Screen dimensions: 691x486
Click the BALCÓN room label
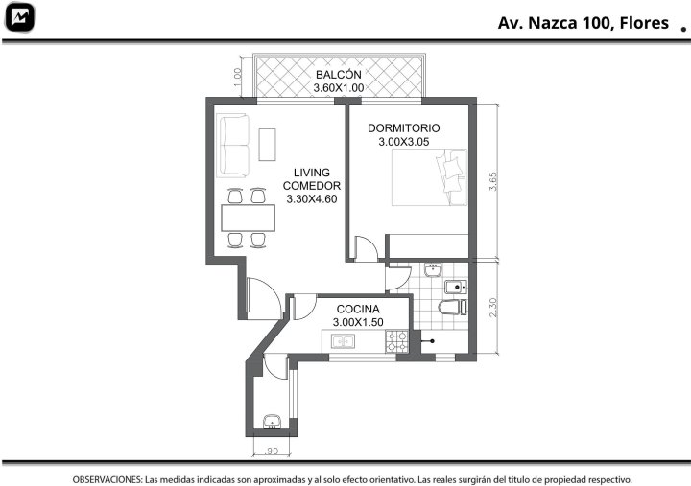click(x=339, y=75)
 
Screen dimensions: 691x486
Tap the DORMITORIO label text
click(x=404, y=128)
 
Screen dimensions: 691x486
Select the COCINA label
click(x=358, y=309)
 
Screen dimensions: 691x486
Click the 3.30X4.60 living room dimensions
click(x=312, y=199)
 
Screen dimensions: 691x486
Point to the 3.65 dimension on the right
click(x=493, y=181)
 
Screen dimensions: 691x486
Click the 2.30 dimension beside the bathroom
click(x=493, y=308)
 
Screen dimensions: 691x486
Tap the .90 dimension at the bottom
click(x=272, y=451)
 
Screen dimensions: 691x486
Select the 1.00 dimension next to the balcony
click(x=238, y=76)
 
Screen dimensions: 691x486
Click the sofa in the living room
click(x=233, y=146)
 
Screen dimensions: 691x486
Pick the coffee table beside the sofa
click(x=267, y=145)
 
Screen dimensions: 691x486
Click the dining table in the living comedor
click(x=249, y=218)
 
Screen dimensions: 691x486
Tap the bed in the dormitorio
click(x=429, y=177)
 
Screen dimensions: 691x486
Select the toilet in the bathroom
click(x=453, y=307)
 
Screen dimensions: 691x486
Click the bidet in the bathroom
click(x=456, y=288)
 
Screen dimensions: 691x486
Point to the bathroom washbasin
click(x=433, y=270)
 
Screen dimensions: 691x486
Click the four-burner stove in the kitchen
click(x=397, y=341)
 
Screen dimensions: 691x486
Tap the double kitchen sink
click(x=344, y=341)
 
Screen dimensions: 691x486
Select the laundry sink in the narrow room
click(x=272, y=422)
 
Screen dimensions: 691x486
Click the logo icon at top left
click(x=19, y=17)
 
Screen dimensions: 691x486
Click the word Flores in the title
click(x=644, y=23)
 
